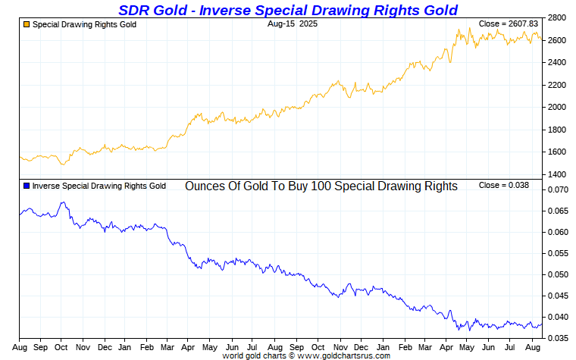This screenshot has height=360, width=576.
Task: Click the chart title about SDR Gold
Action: tap(288, 10)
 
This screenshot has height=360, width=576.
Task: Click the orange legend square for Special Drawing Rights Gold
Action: tap(27, 25)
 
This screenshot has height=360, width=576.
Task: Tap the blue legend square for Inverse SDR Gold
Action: tap(27, 186)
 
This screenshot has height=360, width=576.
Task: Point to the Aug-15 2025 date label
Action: tap(293, 24)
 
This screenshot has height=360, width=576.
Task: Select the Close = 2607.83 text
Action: tap(504, 24)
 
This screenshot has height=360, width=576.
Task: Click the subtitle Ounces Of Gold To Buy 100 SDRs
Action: tap(321, 186)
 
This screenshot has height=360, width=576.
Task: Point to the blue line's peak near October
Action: tap(64, 202)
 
